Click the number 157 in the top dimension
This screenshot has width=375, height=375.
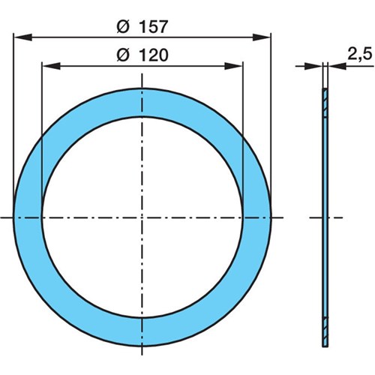(153, 27)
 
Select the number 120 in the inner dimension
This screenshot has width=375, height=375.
(153, 55)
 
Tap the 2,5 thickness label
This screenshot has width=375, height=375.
(360, 55)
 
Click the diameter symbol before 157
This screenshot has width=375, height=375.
(123, 27)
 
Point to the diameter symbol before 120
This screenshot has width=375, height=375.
(123, 55)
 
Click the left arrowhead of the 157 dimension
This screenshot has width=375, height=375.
(22, 37)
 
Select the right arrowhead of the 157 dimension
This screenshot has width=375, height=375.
(262, 37)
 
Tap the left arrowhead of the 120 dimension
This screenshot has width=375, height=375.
(51, 66)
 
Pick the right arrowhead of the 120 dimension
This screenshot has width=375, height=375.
(233, 66)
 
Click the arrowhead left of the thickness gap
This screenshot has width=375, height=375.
(313, 66)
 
